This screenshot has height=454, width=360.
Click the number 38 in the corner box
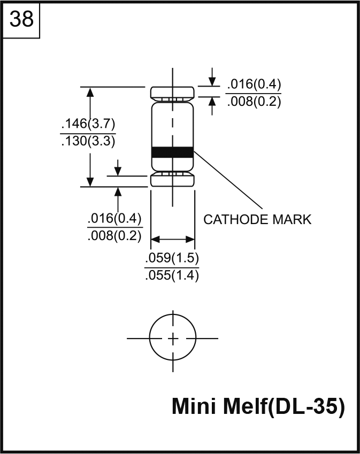pos(22,20)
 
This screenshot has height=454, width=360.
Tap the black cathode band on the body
pos(172,152)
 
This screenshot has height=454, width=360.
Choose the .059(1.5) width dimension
pos(172,259)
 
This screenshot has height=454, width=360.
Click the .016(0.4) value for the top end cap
pos(254,84)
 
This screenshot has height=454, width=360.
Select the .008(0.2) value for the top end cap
pos(254,102)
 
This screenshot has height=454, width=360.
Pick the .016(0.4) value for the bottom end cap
pos(114,218)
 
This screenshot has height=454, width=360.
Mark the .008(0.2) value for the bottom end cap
pos(114,236)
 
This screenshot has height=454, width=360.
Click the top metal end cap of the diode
pos(172,93)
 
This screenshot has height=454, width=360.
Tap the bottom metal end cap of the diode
pos(172,180)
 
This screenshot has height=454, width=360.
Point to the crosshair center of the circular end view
pos(173,338)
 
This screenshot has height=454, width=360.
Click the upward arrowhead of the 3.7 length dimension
pos(90,91)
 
